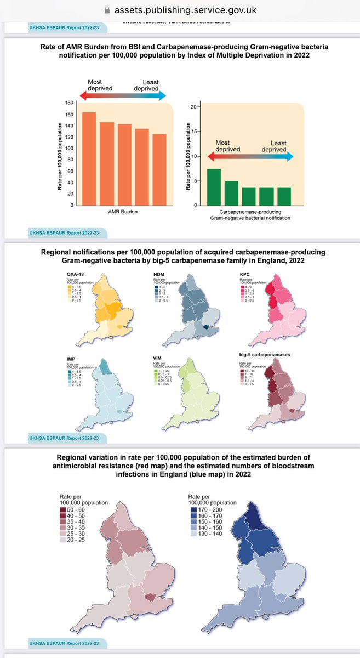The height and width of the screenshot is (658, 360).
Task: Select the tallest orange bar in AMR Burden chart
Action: (x=89, y=158)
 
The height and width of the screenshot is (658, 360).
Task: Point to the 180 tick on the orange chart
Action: (x=70, y=103)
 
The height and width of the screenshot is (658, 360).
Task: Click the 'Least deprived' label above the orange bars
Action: (x=147, y=85)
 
